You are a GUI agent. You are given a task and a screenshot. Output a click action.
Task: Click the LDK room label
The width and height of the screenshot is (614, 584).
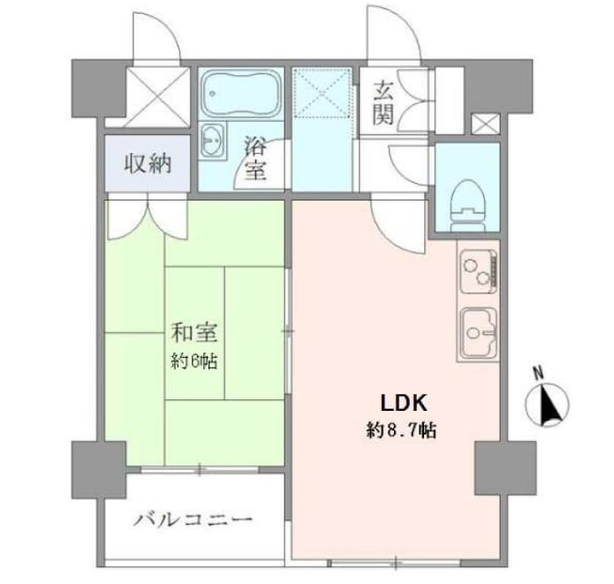coord(404,403)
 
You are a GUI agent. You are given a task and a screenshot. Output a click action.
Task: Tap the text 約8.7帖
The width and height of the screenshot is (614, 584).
coord(401,431)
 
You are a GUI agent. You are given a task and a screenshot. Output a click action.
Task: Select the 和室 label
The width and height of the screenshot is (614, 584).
coord(194,332)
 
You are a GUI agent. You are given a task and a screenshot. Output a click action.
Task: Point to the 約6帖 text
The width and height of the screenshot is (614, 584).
coord(193,360)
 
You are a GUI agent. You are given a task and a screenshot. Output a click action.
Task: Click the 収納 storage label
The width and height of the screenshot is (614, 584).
coord(148,163)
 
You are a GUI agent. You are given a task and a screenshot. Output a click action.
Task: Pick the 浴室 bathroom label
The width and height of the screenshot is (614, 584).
coord(255,158)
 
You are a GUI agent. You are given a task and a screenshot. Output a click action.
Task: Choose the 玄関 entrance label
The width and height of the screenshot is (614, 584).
coord(383,102)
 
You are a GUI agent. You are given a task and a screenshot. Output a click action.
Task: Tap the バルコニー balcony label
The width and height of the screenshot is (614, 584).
coord(193,520)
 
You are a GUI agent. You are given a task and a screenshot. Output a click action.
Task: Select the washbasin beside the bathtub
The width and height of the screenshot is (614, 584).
coord(213,140)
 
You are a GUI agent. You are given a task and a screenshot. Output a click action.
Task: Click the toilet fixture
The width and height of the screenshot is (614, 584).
coord(468,205)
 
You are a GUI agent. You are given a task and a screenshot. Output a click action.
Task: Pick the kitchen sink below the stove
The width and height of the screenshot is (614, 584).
coord(479,333)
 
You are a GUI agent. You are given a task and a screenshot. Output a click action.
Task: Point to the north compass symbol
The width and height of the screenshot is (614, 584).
coord(547,405)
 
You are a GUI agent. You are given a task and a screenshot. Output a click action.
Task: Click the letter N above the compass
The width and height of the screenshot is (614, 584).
coord(539,372)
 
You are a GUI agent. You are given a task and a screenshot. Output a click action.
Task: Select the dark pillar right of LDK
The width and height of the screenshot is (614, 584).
coord(505,467)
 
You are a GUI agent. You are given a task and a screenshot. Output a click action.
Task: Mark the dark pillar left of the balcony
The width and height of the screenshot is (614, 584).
coord(99,470)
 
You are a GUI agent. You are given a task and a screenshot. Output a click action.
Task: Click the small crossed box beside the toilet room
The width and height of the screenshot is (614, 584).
coord(486,124)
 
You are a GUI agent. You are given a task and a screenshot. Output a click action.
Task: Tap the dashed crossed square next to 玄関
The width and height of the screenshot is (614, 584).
coord(322,93)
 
